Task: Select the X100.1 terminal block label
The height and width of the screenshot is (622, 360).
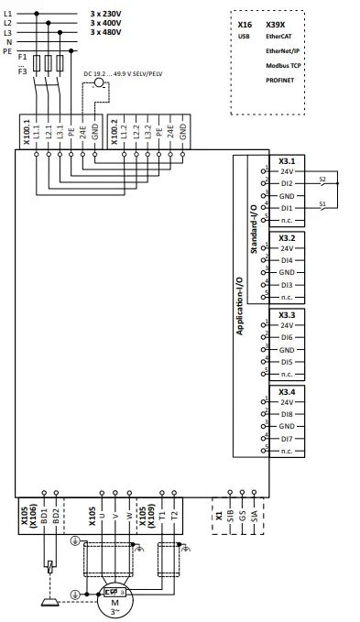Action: coord(26,132)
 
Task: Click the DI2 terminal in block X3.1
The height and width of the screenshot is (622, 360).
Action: coord(286,183)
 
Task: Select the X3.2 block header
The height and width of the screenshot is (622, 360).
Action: coord(286,237)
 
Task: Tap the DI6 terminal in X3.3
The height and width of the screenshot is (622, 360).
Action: coord(286,338)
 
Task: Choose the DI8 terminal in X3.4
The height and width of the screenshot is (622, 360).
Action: coord(286,415)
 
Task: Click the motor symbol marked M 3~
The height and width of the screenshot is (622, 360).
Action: coord(115,599)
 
